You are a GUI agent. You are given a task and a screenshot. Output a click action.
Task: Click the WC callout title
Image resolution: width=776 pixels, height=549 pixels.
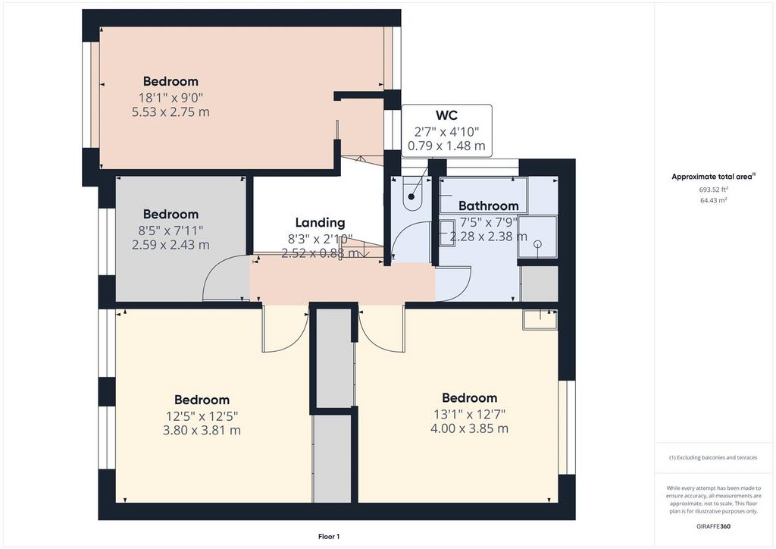[x=446, y=115]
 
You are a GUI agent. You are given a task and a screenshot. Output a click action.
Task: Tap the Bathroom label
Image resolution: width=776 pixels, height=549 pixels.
[x=489, y=205]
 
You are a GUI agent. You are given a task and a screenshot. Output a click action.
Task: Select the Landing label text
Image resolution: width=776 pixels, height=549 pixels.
[x=321, y=223]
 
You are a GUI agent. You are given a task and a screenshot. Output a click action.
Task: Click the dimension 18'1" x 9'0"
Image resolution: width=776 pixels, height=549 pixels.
[x=171, y=98]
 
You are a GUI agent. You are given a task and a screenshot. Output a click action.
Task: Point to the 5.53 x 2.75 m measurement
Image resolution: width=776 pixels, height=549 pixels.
[x=171, y=112]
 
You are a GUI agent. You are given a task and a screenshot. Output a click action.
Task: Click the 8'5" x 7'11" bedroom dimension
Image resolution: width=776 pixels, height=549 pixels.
[x=171, y=231]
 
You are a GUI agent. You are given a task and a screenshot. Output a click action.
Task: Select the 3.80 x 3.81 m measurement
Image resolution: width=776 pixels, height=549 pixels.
[x=202, y=430]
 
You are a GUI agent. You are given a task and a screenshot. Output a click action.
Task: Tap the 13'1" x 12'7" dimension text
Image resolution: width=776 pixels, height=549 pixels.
[x=470, y=414]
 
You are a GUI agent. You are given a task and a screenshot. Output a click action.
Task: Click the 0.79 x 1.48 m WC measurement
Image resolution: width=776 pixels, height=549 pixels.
[x=446, y=146]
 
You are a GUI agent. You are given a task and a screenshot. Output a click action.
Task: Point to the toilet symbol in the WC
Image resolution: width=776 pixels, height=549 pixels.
[x=411, y=193]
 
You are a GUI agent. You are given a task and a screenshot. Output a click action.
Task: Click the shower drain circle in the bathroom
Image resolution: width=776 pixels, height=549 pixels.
[x=538, y=244]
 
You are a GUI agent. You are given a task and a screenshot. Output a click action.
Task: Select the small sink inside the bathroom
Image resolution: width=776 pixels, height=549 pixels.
[x=448, y=233]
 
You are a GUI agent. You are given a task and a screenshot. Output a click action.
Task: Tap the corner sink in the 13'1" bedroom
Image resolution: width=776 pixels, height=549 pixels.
[x=540, y=319]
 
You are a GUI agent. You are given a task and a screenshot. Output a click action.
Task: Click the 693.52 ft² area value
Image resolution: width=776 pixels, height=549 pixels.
[x=713, y=189]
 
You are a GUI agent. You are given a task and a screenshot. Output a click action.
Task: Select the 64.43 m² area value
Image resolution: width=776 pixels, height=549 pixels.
[x=713, y=200]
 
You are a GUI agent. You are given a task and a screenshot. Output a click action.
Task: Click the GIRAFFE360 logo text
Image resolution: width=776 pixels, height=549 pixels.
[x=713, y=526]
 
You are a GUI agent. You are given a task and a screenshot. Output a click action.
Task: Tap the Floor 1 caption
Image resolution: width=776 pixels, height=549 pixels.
[x=329, y=537]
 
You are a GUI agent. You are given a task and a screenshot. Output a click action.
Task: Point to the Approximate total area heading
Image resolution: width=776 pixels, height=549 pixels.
[x=713, y=176]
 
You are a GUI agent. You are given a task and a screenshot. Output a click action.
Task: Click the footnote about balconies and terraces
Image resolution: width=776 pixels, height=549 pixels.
[x=713, y=457]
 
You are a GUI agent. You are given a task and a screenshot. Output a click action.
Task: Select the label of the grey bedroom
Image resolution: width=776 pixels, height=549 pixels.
[x=171, y=215]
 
